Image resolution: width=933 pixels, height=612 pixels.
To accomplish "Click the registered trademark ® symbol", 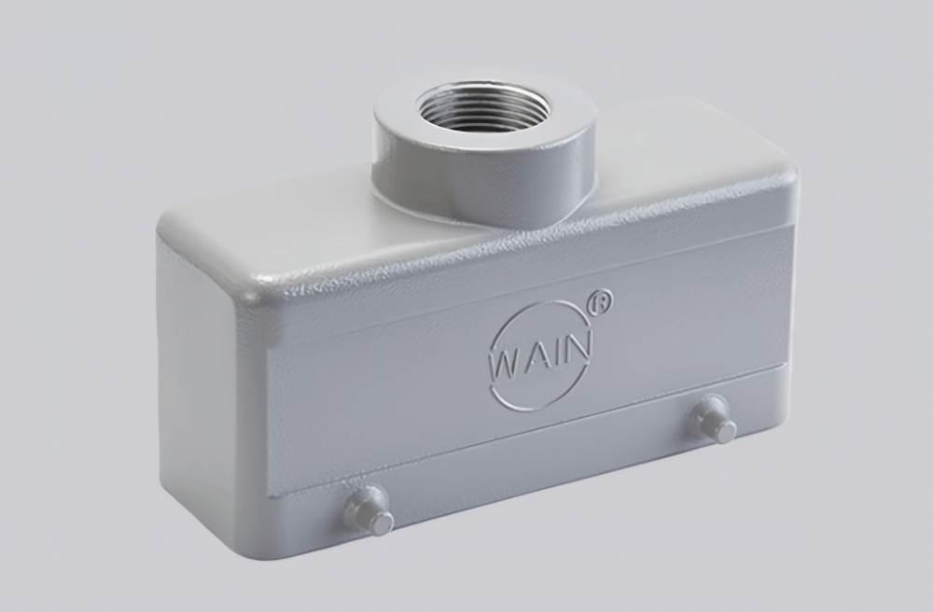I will click(x=602, y=302).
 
